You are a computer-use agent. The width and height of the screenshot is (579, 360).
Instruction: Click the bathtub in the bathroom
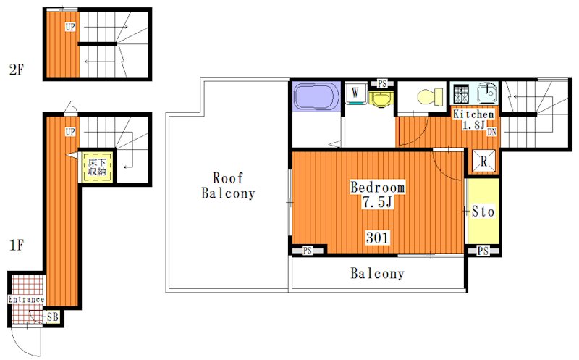pos(316,96)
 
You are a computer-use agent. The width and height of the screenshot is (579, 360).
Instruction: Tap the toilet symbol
pos(431,97)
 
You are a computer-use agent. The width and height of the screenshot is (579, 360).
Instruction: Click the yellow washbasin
pos(381,99)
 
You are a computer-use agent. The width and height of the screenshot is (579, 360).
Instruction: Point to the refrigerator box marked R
pos(483,161)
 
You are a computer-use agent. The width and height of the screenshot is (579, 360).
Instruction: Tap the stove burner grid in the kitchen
pos(461,94)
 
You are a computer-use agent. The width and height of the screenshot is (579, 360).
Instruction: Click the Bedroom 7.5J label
pos(377,194)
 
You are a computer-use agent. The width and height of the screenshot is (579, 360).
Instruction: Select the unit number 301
pos(377,238)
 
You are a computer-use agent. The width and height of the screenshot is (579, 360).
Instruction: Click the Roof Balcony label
pos(228,185)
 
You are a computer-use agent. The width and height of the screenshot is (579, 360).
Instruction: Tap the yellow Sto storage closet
pos(483,211)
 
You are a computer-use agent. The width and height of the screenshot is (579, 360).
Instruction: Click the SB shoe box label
pos(53,317)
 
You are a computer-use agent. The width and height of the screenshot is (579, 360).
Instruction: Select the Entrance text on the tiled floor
pos(26,299)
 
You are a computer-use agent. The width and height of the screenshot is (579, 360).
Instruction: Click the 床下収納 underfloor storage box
pos(97,167)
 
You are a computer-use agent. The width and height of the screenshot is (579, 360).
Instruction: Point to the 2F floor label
pos(17,70)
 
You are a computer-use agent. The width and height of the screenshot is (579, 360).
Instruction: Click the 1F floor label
pos(17,245)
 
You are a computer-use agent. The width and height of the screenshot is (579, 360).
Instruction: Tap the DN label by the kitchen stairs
pos(491,132)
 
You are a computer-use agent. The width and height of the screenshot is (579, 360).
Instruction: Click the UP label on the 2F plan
pos(70,27)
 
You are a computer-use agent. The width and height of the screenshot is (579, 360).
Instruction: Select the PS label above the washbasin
pos(382,84)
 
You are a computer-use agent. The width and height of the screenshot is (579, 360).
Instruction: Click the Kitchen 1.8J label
pos(473,120)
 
